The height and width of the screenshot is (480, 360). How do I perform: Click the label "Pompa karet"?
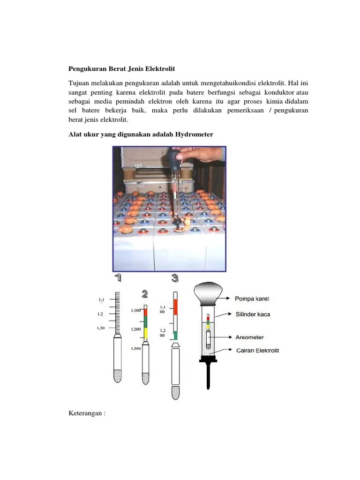tap(253, 299)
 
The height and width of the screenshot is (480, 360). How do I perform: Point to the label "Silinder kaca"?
tap(253, 315)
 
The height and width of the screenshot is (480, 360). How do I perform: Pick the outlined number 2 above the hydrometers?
tap(145, 294)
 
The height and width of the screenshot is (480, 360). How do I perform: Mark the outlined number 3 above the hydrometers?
tap(175, 278)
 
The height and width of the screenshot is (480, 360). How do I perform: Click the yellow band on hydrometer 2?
tap(146, 333)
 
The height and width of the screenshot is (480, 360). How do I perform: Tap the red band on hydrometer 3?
tap(175, 305)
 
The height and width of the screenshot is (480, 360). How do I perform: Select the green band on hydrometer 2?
tap(146, 322)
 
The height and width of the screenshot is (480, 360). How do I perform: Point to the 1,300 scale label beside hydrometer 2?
tap(136, 348)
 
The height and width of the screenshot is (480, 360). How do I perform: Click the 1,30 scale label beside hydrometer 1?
tap(101, 328)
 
